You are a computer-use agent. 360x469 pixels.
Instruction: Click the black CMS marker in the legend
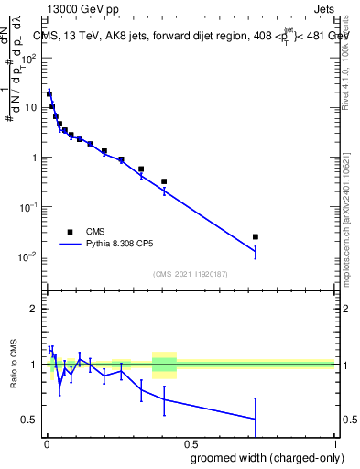(x=70, y=232)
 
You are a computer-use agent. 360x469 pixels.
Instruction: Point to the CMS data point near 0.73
(x=256, y=237)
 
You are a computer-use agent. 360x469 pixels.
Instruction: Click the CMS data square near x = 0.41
(x=164, y=181)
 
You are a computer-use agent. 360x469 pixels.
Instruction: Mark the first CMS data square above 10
(x=49, y=93)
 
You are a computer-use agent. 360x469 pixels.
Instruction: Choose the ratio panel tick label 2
(x=35, y=309)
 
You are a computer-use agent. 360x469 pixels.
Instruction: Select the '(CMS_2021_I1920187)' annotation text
(x=190, y=273)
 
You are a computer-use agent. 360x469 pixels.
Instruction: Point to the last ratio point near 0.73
(x=256, y=419)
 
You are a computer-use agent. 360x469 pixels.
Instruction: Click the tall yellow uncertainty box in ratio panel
(x=164, y=364)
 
